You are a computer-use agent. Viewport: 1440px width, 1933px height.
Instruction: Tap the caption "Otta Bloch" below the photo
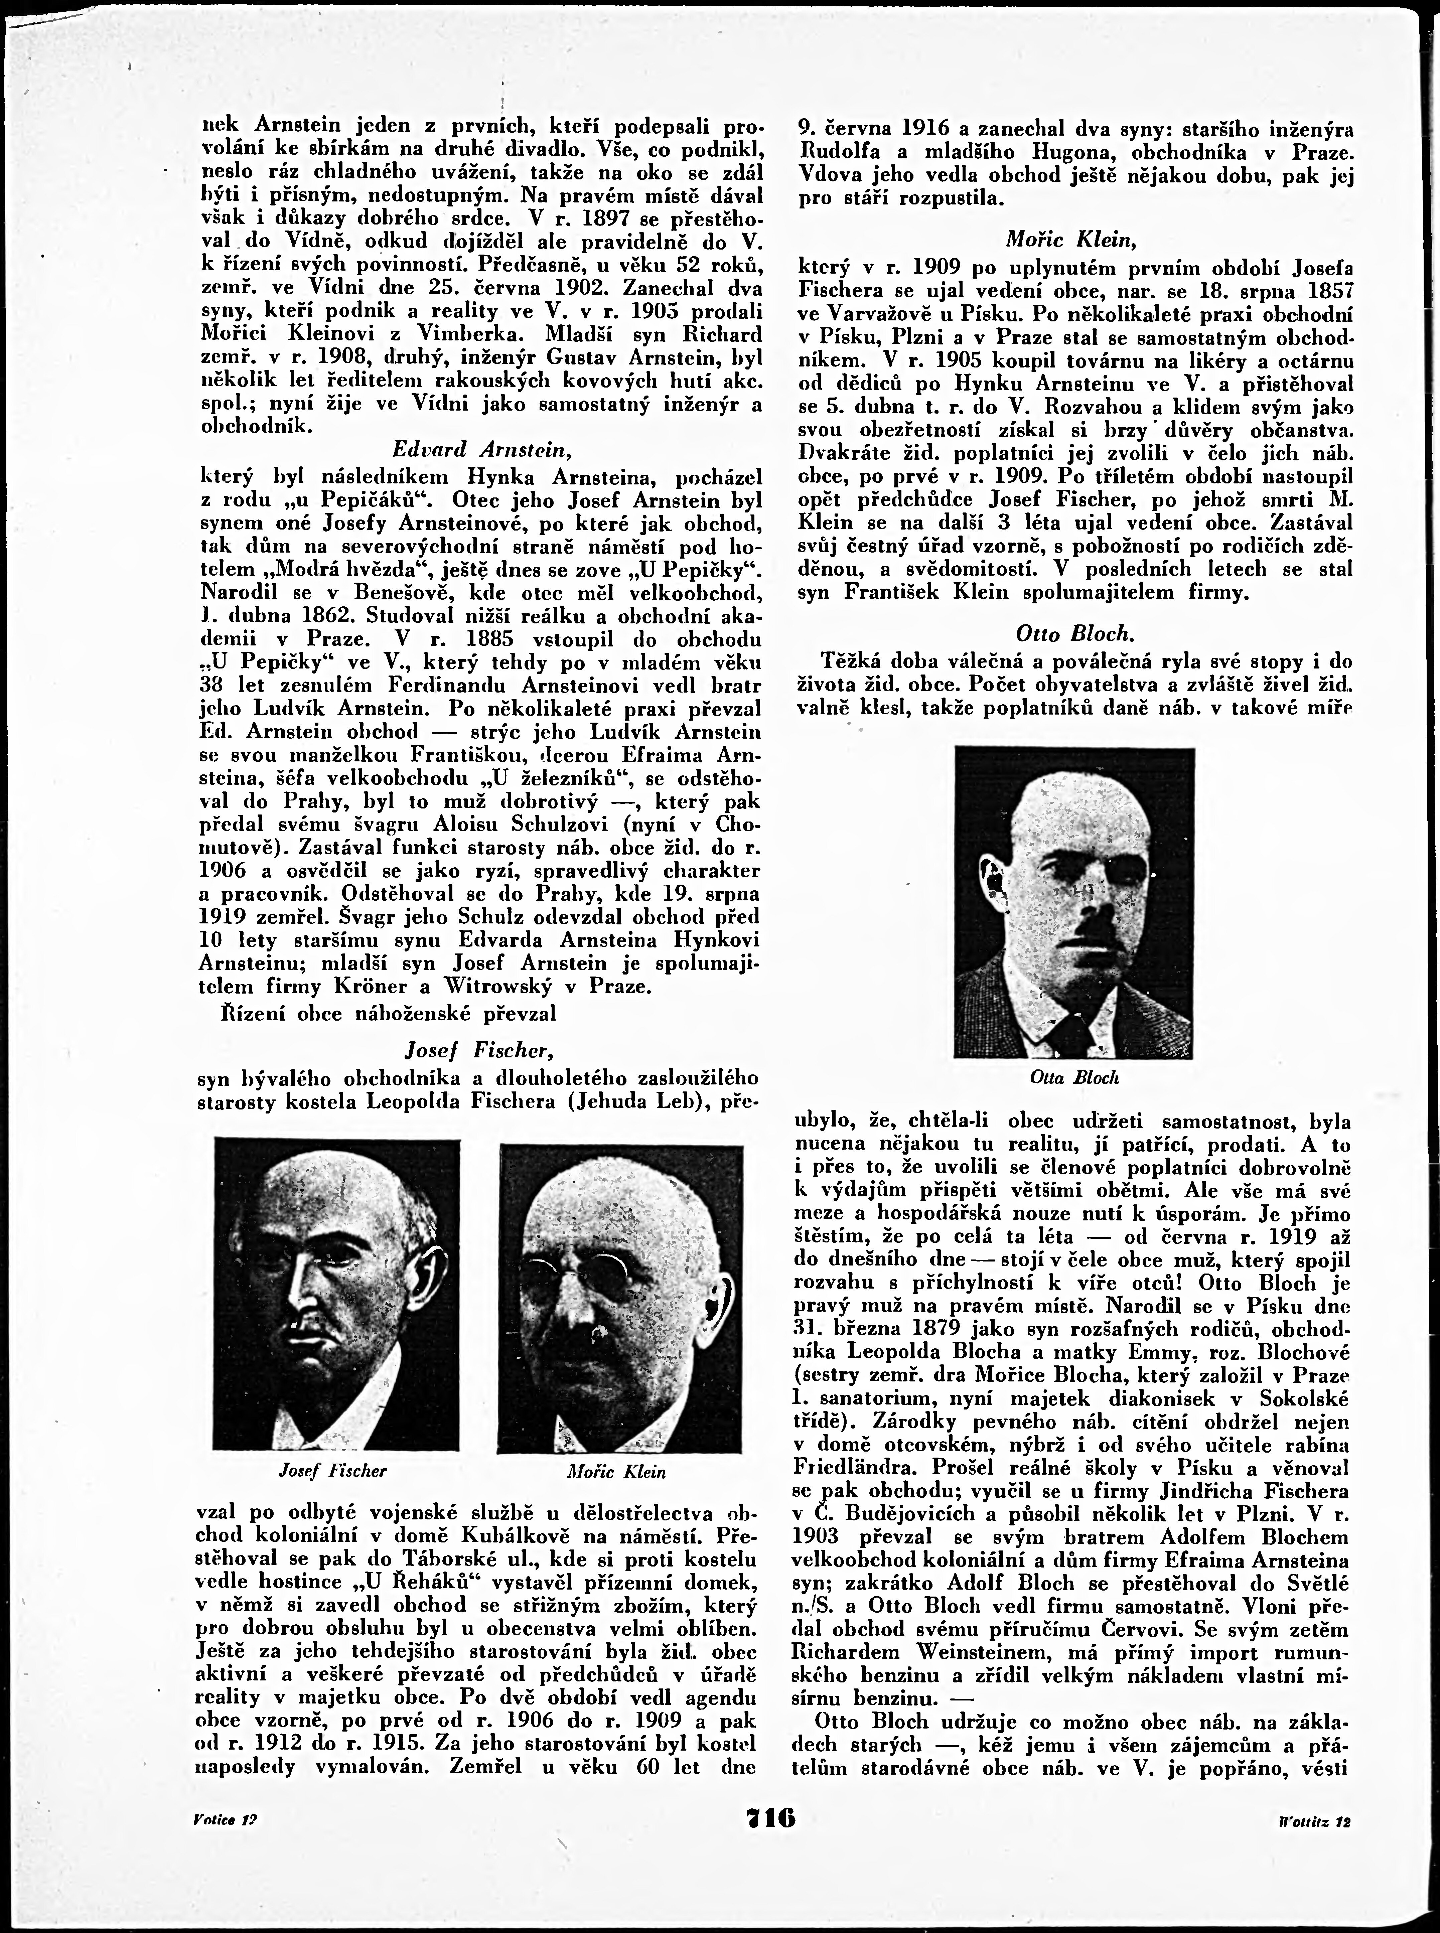1074,1077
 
